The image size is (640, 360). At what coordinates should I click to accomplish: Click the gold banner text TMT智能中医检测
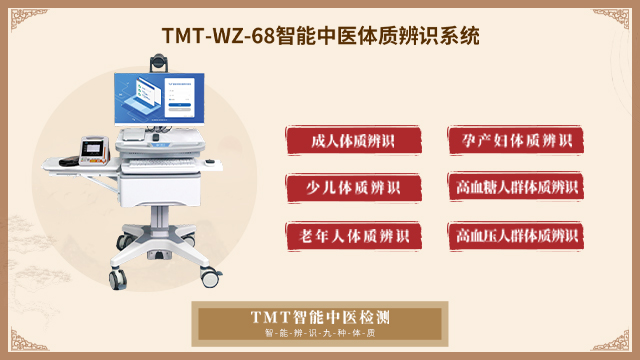(x=320, y=318)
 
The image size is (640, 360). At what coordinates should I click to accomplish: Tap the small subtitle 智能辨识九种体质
(x=320, y=333)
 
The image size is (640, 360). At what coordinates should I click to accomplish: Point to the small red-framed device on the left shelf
(x=98, y=152)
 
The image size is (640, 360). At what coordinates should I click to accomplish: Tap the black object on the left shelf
(x=69, y=160)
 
